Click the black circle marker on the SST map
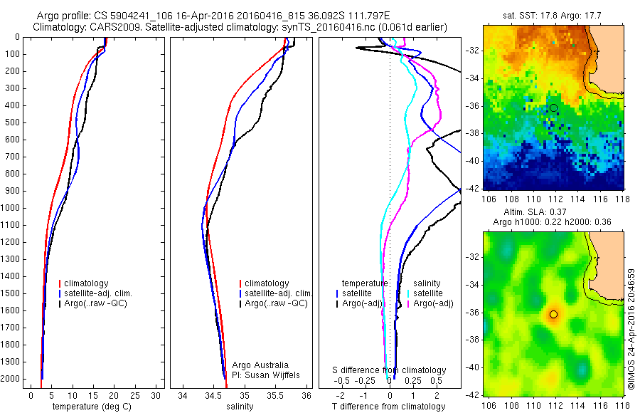(553, 108)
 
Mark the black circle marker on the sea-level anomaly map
(553, 314)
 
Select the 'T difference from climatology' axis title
(389, 407)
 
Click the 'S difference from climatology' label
(389, 370)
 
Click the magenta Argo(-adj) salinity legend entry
(434, 303)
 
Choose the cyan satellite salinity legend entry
(429, 293)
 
